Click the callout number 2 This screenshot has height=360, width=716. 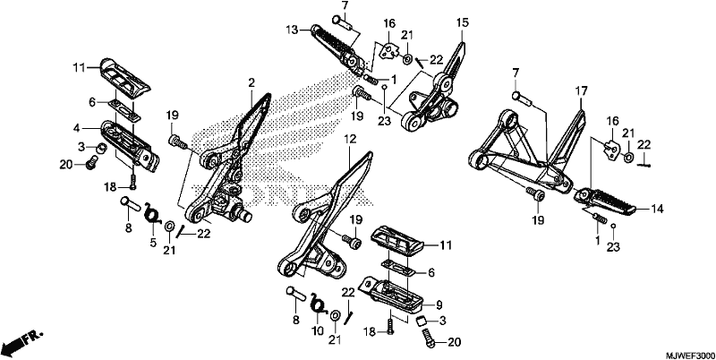tap(251, 83)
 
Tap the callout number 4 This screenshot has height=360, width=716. tap(77, 129)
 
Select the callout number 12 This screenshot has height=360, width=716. tap(350, 139)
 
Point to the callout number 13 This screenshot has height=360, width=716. tap(292, 30)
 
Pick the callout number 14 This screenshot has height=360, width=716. tap(657, 210)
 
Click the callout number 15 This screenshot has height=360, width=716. tap(462, 21)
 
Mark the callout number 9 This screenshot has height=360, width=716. tap(439, 304)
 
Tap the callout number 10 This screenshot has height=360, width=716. tap(318, 330)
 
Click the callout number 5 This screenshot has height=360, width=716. tap(153, 242)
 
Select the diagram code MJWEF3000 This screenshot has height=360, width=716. tap(689, 355)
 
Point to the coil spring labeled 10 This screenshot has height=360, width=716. tap(319, 304)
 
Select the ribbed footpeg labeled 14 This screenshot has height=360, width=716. tap(605, 201)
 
